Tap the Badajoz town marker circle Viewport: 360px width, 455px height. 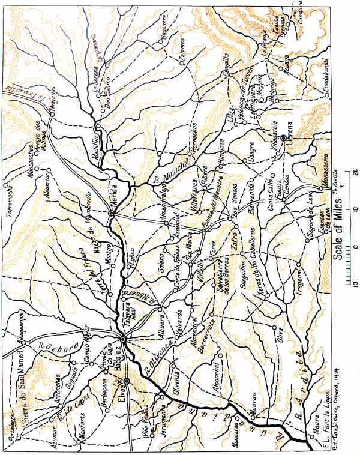(x=122, y=340)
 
